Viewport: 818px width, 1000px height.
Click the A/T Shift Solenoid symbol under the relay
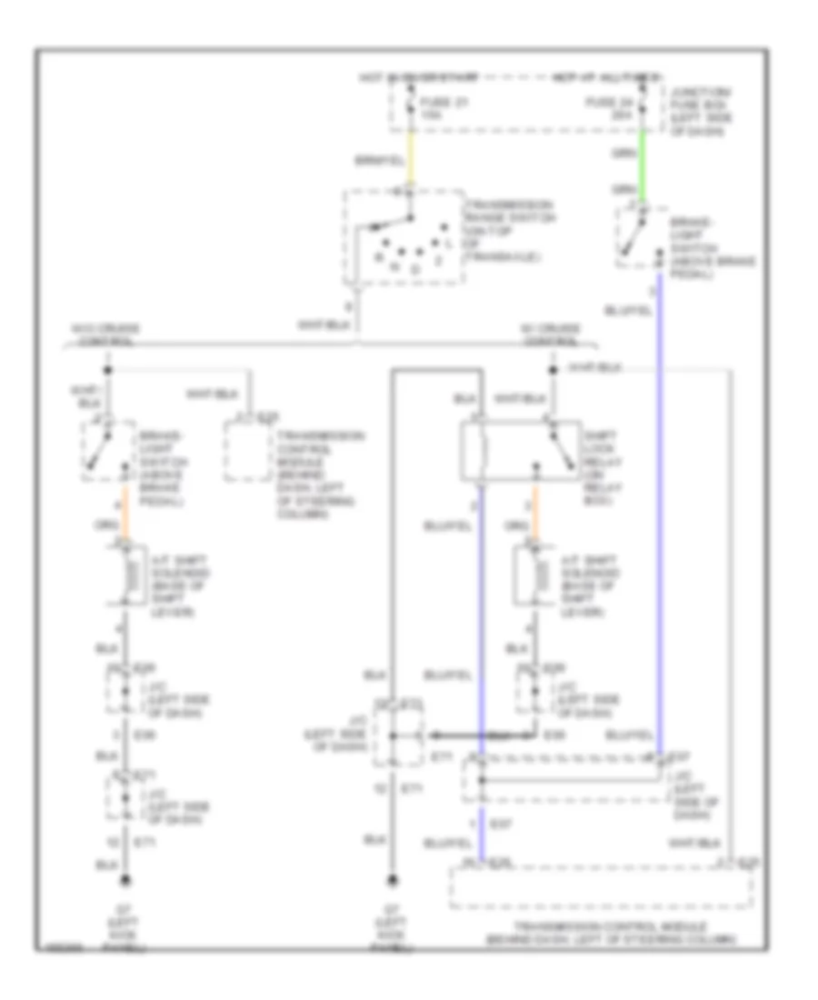[x=534, y=573]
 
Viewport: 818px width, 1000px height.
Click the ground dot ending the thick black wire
[x=392, y=879]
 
